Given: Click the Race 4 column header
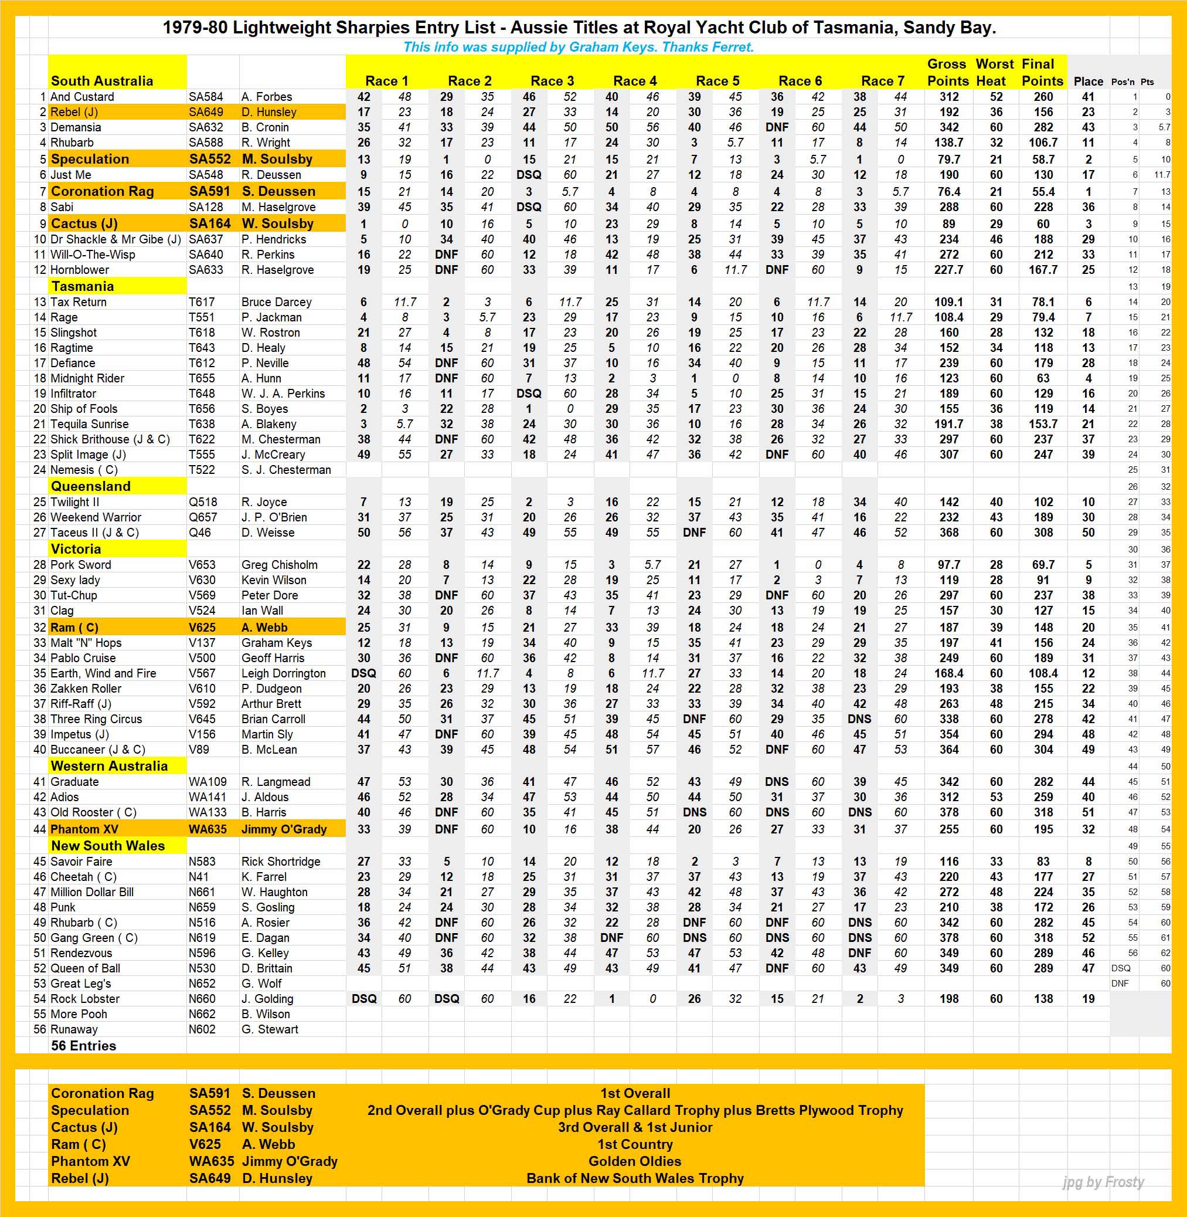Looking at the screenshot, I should pyautogui.click(x=634, y=81).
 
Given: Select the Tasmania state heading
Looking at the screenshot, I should pyautogui.click(x=82, y=286).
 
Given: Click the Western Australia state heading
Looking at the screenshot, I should pyautogui.click(x=109, y=766).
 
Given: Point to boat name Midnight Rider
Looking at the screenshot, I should pyautogui.click(x=87, y=378).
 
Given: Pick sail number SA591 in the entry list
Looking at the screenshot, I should pyautogui.click(x=209, y=192).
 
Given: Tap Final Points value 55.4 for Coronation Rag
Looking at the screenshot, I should pyautogui.click(x=1043, y=192).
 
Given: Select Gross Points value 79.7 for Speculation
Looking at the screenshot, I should pyautogui.click(x=949, y=159).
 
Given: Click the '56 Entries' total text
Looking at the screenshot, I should pyautogui.click(x=84, y=1046).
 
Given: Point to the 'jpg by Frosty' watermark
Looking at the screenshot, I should pyautogui.click(x=1103, y=1182).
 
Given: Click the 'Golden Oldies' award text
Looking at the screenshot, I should pyautogui.click(x=635, y=1161).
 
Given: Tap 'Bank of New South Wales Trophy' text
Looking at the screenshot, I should pyautogui.click(x=635, y=1178).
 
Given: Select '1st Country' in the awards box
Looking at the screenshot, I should pyautogui.click(x=635, y=1144).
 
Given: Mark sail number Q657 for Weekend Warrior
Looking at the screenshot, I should pyautogui.click(x=203, y=517).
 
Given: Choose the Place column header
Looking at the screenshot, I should pyautogui.click(x=1088, y=81).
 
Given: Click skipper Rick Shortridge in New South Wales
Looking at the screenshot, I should pyautogui.click(x=281, y=862).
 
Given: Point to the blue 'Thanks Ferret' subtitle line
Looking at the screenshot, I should pyautogui.click(x=578, y=47).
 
